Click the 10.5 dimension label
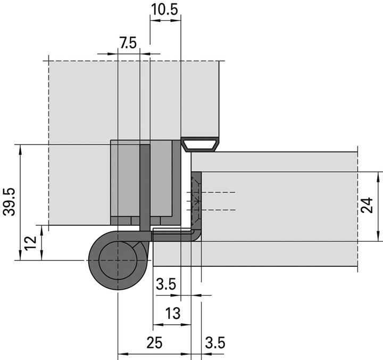[x=165, y=9]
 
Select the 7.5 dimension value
[x=128, y=44]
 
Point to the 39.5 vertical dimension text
[x=9, y=202]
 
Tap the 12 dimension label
[x=31, y=243]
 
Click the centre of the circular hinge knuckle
[x=116, y=260]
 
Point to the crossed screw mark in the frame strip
[x=196, y=201]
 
